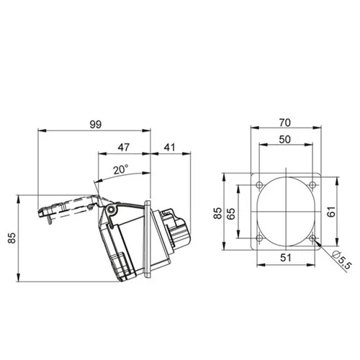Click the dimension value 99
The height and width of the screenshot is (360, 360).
coord(96,125)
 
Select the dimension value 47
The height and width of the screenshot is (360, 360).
coord(124,147)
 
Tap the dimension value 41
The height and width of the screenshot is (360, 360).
coord(170,147)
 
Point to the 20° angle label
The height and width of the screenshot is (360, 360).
coord(121,170)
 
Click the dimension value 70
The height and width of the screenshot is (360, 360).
coord(285,122)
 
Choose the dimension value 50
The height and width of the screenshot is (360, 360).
coord(285,139)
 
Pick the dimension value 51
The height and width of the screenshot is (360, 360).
coord(286,258)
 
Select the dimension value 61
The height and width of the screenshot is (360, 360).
coord(331,212)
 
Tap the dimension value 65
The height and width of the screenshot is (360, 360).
coord(230,213)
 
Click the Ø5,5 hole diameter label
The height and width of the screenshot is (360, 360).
coord(342,260)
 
